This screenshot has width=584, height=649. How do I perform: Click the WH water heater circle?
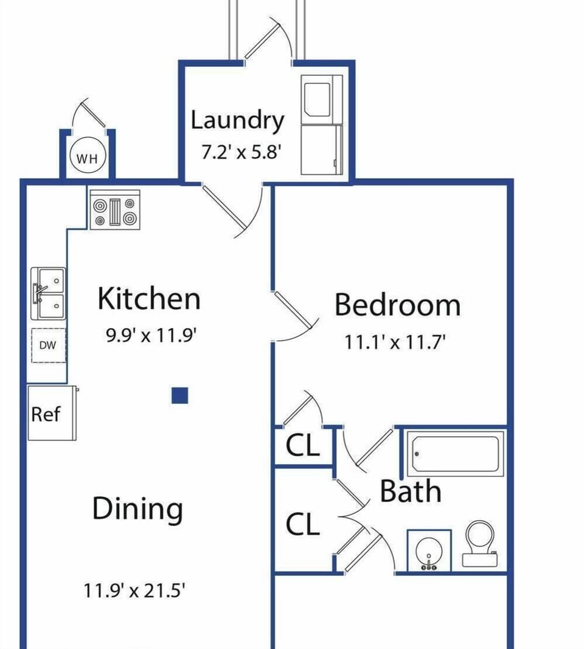click(x=88, y=158)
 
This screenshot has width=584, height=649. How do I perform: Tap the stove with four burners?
click(x=115, y=209)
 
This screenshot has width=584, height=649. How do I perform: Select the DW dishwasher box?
click(x=49, y=345)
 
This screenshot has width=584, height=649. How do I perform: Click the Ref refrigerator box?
click(x=52, y=412)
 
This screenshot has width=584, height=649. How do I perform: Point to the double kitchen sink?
click(x=49, y=293)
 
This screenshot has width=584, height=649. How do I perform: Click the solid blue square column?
click(x=179, y=395)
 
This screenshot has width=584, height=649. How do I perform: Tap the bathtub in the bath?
click(x=455, y=454)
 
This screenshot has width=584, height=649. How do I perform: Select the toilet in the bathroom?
click(x=480, y=543)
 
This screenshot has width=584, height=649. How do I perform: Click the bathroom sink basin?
click(x=429, y=551)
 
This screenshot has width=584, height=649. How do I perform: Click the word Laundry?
click(x=237, y=120)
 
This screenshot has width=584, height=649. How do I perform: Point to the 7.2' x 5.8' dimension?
click(x=242, y=152)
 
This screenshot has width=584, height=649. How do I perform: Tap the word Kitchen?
click(x=149, y=298)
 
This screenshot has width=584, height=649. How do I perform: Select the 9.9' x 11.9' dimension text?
click(x=151, y=335)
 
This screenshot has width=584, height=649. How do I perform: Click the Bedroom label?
click(x=397, y=305)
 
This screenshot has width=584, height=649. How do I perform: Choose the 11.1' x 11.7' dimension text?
click(x=395, y=342)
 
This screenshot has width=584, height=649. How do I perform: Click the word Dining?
click(x=137, y=510)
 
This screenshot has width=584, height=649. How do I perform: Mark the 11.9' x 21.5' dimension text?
click(x=134, y=590)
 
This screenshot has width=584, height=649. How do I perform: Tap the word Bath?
click(x=410, y=491)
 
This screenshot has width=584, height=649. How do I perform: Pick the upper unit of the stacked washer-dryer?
click(x=322, y=100)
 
